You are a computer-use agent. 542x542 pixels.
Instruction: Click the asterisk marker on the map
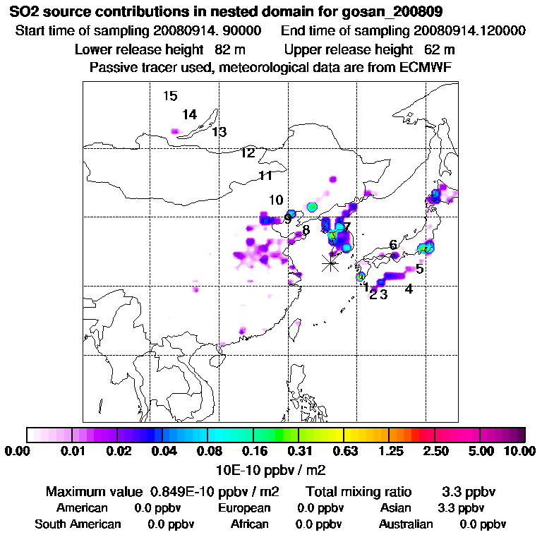pos(330,263)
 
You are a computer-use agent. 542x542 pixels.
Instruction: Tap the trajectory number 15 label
pos(169,97)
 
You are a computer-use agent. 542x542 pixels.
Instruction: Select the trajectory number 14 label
pos(189,114)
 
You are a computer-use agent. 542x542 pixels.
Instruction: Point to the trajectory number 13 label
pos(219,132)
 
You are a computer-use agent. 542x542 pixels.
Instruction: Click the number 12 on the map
pos(247,153)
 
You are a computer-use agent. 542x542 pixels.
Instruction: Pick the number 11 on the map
pos(265,176)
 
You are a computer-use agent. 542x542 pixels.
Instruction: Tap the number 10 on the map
pos(276,200)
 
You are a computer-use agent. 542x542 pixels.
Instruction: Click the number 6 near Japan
pos(392,245)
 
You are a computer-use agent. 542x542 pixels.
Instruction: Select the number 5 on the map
pos(419,269)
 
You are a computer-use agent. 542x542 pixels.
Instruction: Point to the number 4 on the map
pos(409,289)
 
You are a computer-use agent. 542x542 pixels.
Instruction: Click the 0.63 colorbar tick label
pos(344,451)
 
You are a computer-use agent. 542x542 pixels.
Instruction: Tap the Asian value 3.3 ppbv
pos(461,508)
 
